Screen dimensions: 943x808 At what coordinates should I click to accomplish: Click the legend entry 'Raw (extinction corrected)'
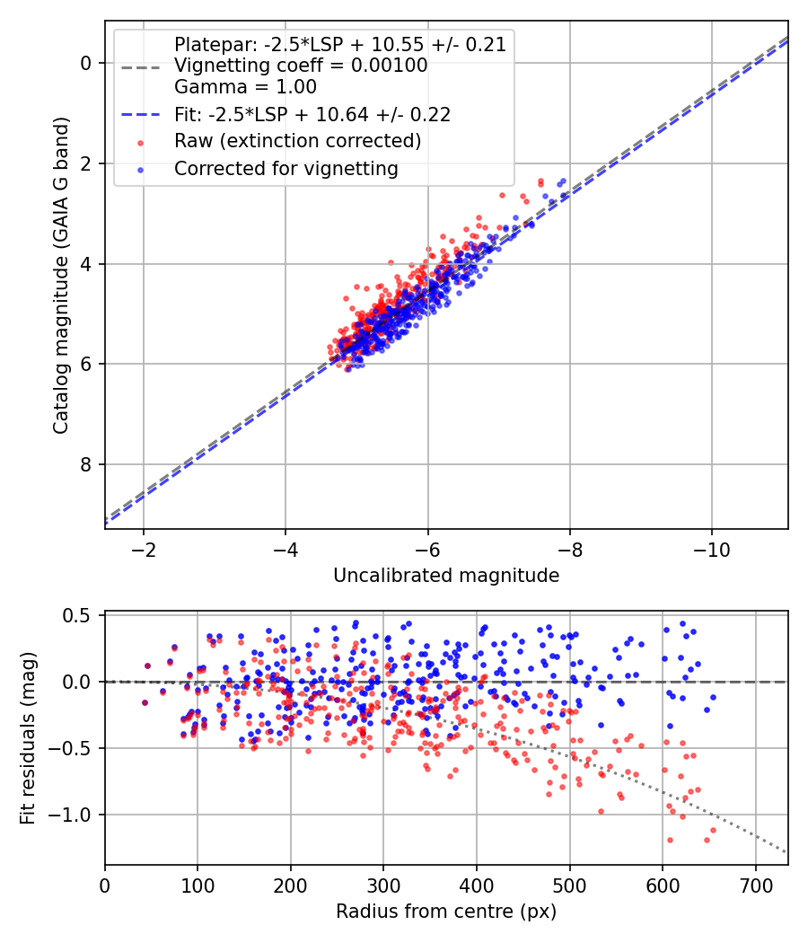click(x=297, y=141)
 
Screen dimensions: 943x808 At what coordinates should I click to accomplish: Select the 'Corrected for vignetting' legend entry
click(x=286, y=168)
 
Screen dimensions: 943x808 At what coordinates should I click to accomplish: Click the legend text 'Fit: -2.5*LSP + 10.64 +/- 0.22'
click(x=312, y=115)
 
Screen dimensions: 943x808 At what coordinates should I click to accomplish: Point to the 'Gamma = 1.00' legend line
click(x=245, y=87)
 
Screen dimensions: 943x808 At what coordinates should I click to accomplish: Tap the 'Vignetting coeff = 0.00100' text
click(x=301, y=66)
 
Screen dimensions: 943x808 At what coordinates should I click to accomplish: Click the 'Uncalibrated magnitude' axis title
click(x=446, y=576)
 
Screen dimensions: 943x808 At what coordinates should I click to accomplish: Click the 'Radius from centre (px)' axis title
click(x=446, y=912)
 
